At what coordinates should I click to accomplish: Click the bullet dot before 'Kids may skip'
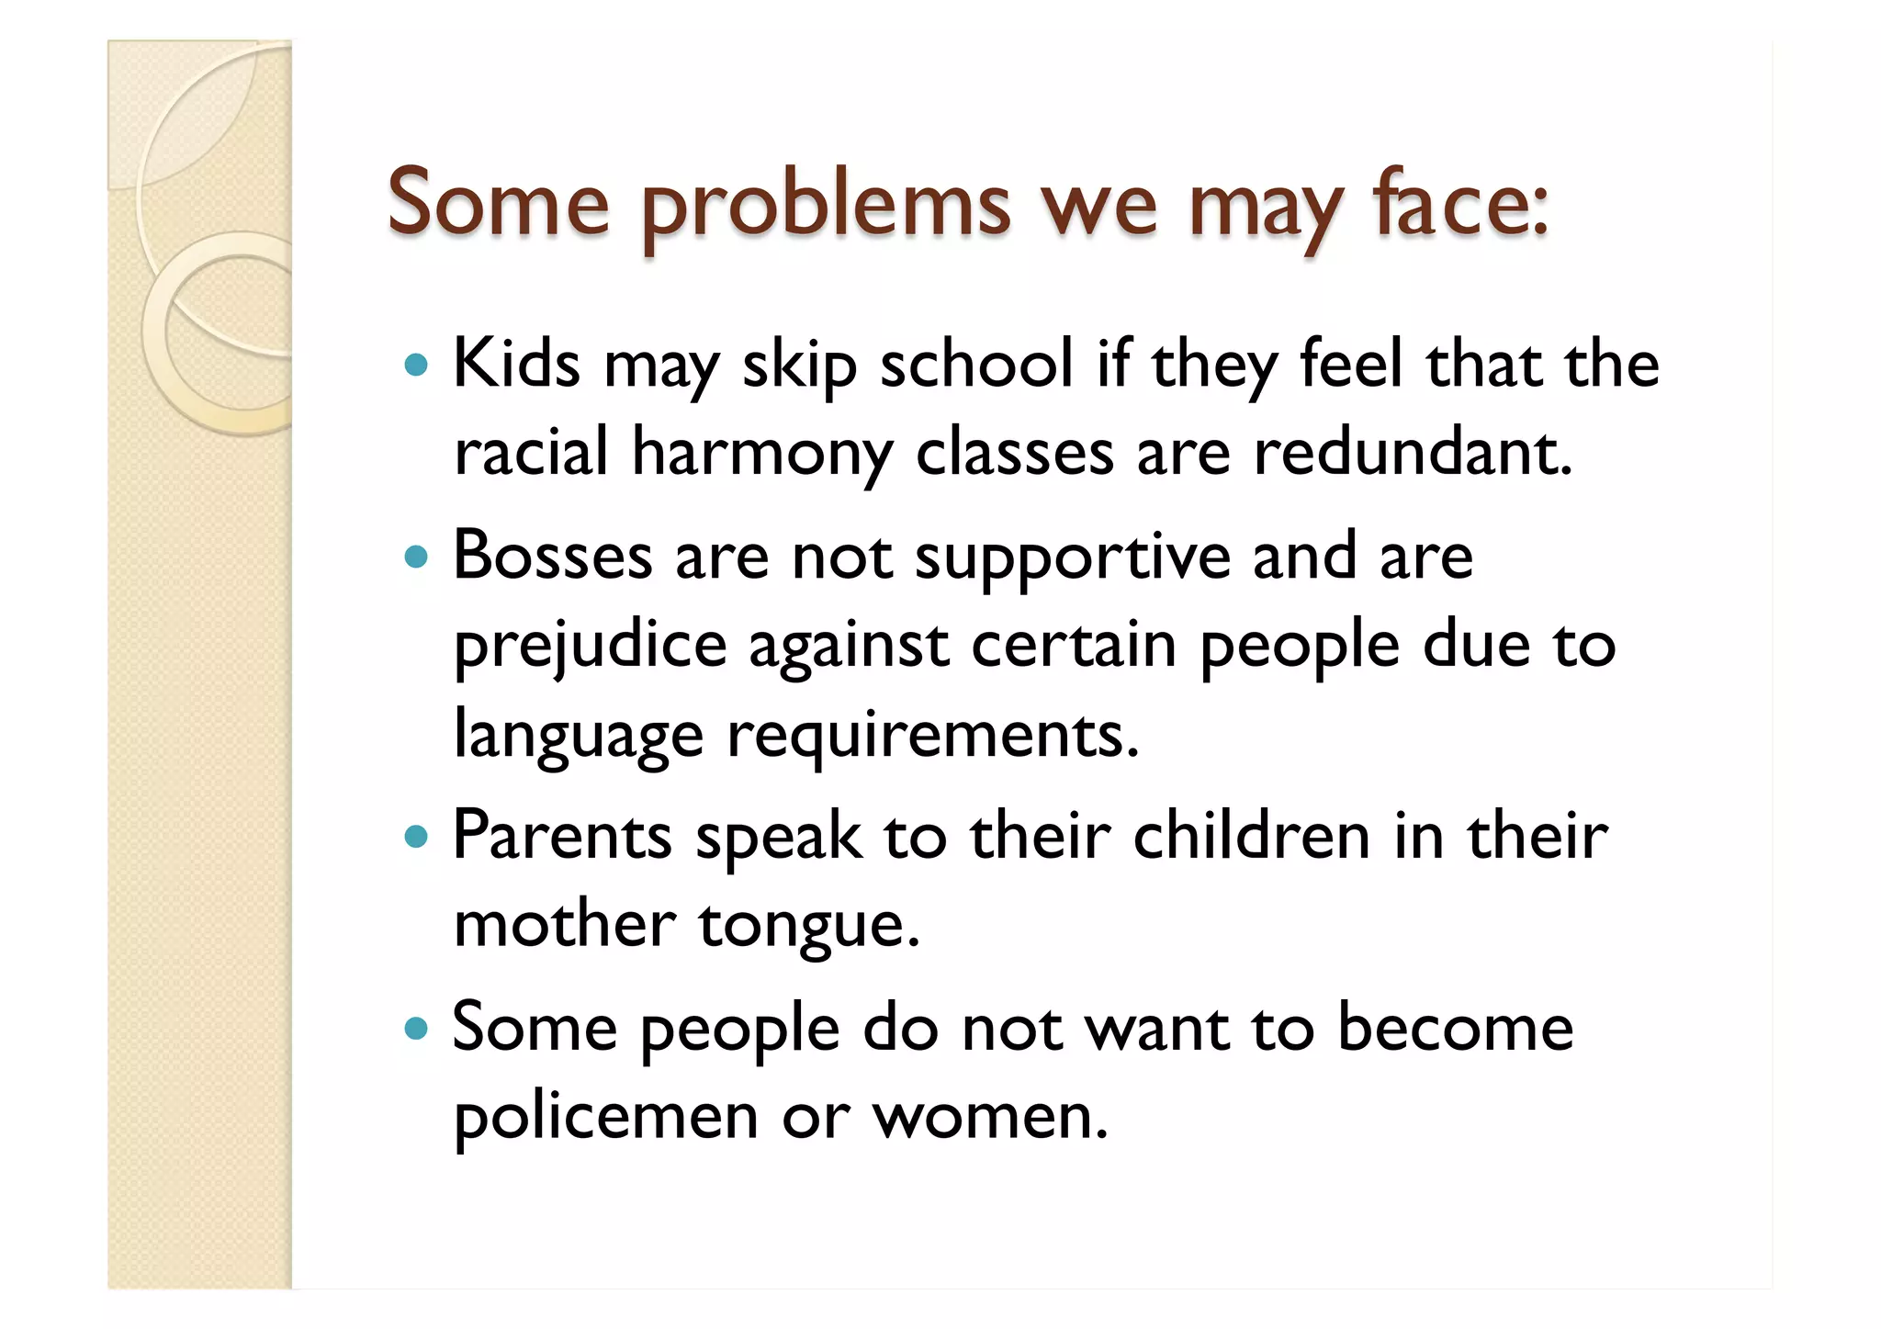coord(416,366)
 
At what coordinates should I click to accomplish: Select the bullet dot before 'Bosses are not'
coord(416,557)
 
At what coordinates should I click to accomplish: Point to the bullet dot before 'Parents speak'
coord(416,837)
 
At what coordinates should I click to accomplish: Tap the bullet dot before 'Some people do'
coord(416,1029)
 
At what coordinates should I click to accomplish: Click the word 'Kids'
coord(516,364)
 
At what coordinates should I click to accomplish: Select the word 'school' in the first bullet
coord(976,364)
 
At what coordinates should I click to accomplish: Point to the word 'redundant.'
coord(1413,453)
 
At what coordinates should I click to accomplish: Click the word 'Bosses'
coord(552,557)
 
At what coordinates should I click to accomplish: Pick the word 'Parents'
coord(562,837)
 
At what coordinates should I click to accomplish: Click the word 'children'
coord(1251,837)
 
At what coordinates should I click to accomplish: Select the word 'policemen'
coord(606,1118)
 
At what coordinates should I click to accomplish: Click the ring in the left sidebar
coord(217,332)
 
